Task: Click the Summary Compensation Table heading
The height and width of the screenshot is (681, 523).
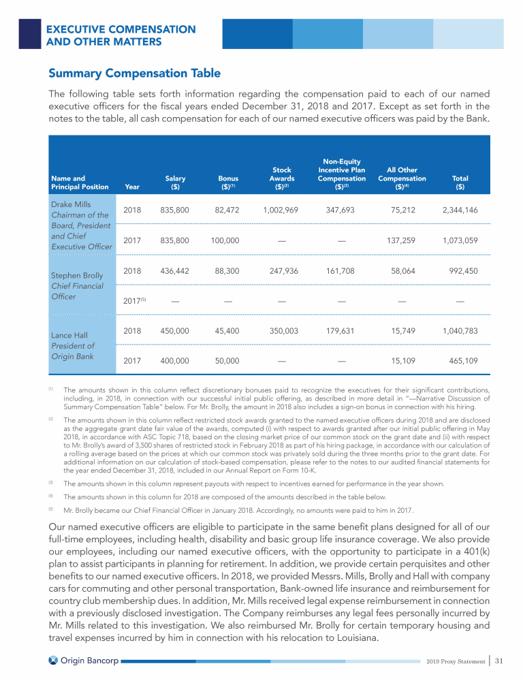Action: point(134,73)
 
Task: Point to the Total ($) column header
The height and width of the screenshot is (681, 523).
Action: point(460,183)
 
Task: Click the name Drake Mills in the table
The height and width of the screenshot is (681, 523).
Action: point(71,204)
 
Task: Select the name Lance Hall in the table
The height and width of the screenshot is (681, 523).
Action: point(68,335)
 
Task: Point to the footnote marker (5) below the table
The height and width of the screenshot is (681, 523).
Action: point(50,508)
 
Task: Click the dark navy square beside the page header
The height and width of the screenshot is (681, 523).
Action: point(29,33)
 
